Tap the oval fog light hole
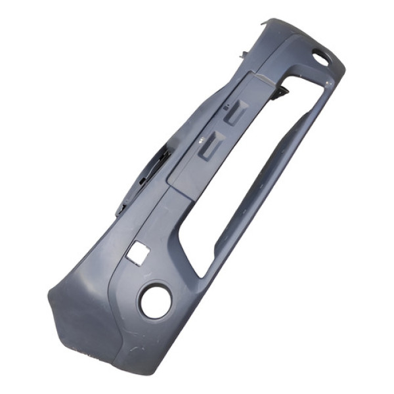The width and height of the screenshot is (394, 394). point(320,58)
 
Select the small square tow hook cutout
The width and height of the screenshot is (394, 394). point(141,252)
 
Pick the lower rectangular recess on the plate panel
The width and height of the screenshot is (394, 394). point(212,146)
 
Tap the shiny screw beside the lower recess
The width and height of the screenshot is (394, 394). point(199,139)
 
